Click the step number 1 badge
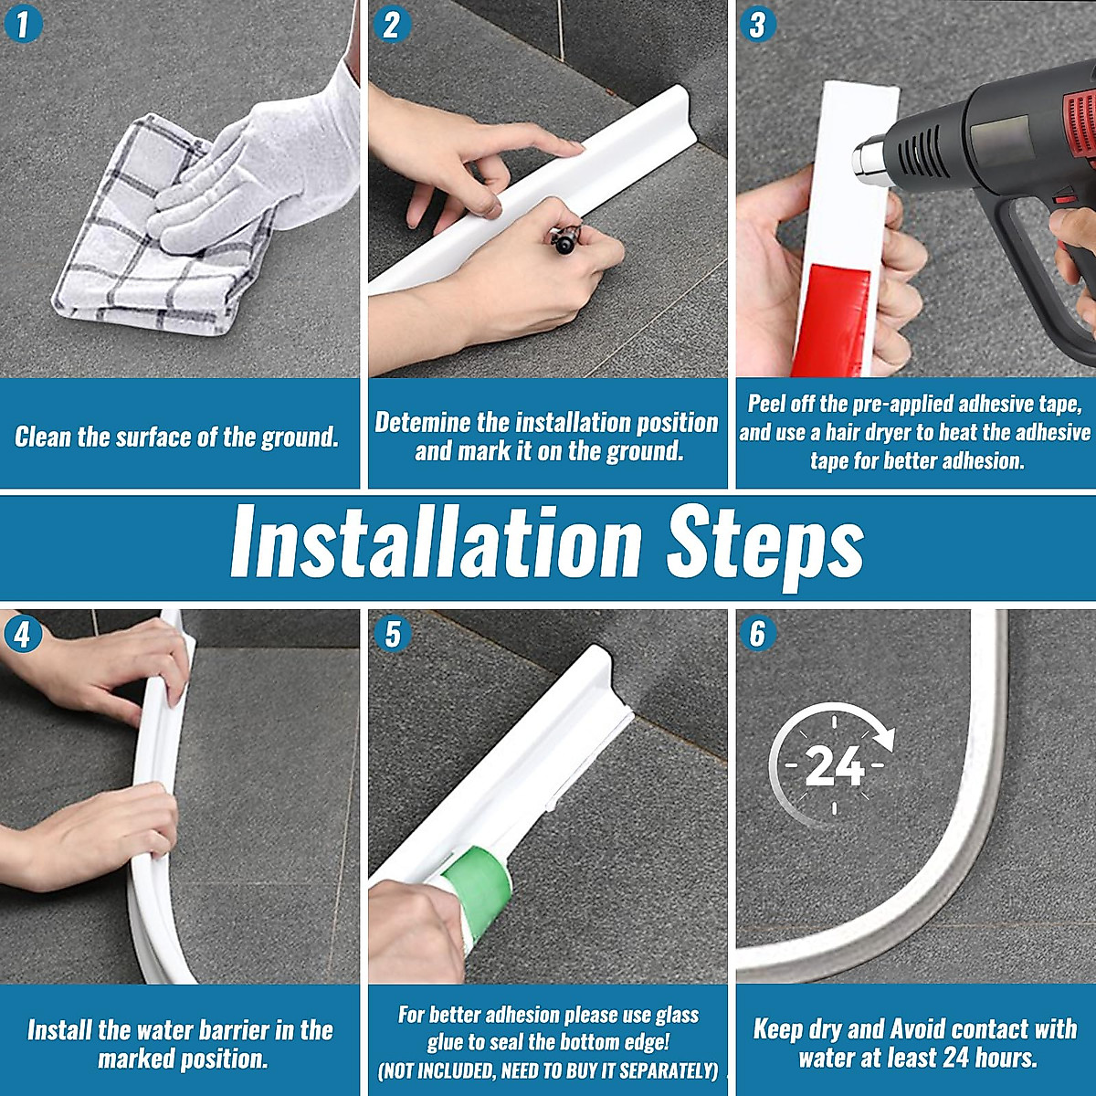[23, 24]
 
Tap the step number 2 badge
[392, 24]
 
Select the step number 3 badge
[758, 24]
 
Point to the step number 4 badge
[23, 634]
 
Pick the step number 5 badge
[393, 634]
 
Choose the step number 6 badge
[758, 634]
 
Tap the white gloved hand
[250, 171]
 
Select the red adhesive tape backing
[830, 319]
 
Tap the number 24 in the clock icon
[835, 766]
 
